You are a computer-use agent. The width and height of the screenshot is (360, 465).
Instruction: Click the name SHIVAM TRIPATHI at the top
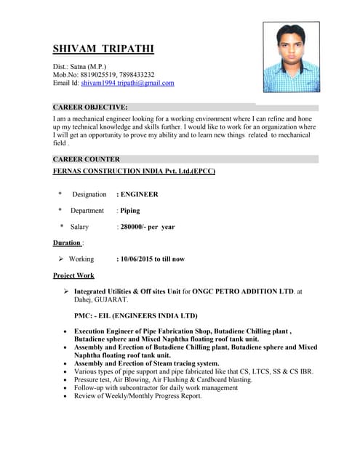pyautogui.click(x=103, y=49)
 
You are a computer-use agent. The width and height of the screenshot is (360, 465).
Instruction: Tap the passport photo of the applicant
pyautogui.click(x=291, y=57)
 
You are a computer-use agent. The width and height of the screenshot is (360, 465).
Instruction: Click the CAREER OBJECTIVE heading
pyautogui.click(x=90, y=107)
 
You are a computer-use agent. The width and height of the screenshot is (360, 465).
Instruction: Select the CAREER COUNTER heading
pyautogui.click(x=87, y=159)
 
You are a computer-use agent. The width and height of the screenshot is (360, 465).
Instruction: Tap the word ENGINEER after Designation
pyautogui.click(x=139, y=194)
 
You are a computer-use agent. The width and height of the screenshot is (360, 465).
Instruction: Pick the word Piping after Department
pyautogui.click(x=130, y=211)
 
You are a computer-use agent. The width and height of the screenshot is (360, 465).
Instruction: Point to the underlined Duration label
pyautogui.click(x=67, y=243)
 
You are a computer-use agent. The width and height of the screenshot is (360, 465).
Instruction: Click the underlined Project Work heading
pyautogui.click(x=73, y=275)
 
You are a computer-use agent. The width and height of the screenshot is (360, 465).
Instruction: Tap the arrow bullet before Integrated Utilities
pyautogui.click(x=66, y=291)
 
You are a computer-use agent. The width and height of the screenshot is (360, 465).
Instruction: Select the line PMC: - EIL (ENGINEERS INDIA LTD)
pyautogui.click(x=135, y=316)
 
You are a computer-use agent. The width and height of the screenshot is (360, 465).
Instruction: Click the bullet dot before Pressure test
pyautogui.click(x=66, y=380)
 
